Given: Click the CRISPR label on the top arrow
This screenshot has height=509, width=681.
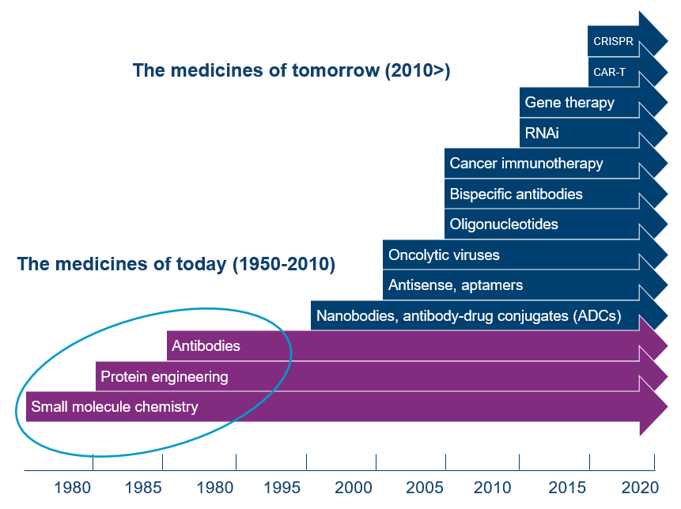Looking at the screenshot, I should [x=611, y=41].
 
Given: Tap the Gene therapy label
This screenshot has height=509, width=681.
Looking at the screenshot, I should [x=569, y=103].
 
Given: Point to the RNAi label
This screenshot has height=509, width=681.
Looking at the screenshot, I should [x=542, y=133].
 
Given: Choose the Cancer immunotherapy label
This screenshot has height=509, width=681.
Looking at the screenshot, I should [x=526, y=164].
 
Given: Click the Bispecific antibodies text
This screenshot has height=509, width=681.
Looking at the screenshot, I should [x=516, y=194].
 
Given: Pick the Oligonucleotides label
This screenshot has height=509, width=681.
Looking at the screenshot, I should [x=504, y=224].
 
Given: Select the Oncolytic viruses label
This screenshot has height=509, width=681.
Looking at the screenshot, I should [x=444, y=255].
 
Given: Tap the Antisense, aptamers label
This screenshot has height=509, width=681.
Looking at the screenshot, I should [x=455, y=285].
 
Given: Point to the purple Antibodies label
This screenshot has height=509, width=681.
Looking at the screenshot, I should [x=206, y=346].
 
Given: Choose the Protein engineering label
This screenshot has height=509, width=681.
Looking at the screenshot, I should [x=164, y=377].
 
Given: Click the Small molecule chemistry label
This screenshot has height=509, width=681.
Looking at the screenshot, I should [x=114, y=407].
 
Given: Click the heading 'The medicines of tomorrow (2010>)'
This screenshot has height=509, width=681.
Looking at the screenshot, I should [x=291, y=70].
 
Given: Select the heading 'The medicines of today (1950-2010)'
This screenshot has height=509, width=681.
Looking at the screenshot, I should [x=176, y=264].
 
